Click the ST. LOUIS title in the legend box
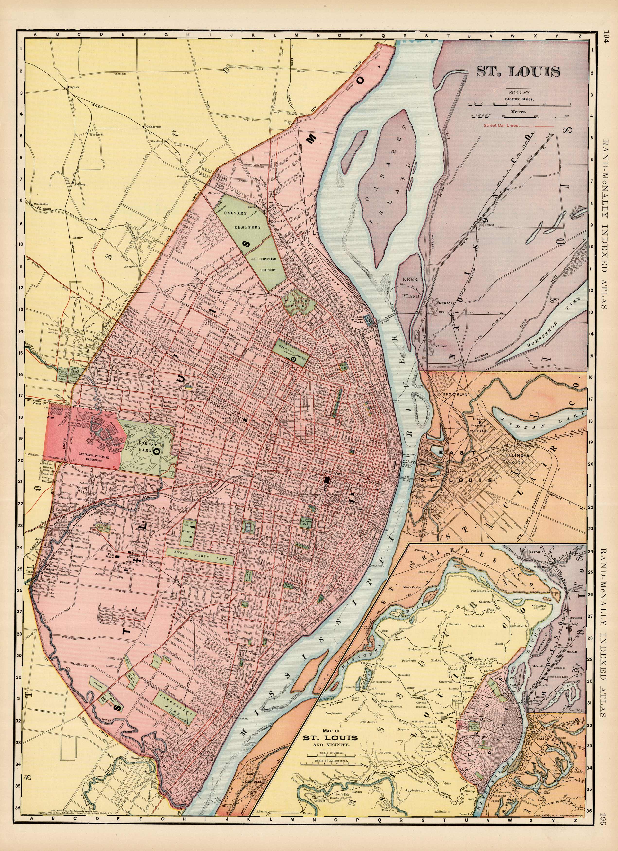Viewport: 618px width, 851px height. [x=518, y=71]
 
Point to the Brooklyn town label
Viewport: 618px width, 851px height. [x=454, y=395]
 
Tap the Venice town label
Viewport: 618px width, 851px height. [x=442, y=346]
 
